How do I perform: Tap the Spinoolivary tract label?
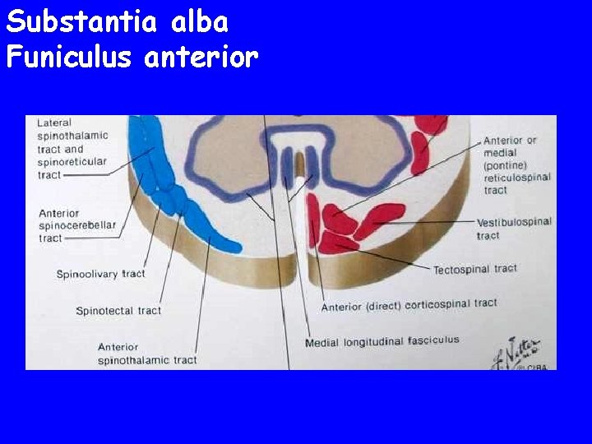point(100,274)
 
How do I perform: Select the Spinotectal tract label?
point(118,311)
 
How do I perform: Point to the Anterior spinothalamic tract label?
point(146,354)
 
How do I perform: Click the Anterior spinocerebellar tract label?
point(77,225)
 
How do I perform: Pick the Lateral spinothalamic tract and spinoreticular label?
point(72,149)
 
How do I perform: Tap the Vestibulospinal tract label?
point(513,229)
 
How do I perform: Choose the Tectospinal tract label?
point(475,269)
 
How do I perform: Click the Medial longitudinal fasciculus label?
point(382,340)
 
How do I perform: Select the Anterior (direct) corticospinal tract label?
point(409,305)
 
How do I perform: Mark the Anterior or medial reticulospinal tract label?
point(516,164)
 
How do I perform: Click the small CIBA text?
point(536,367)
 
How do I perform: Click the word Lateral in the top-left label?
point(54,123)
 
